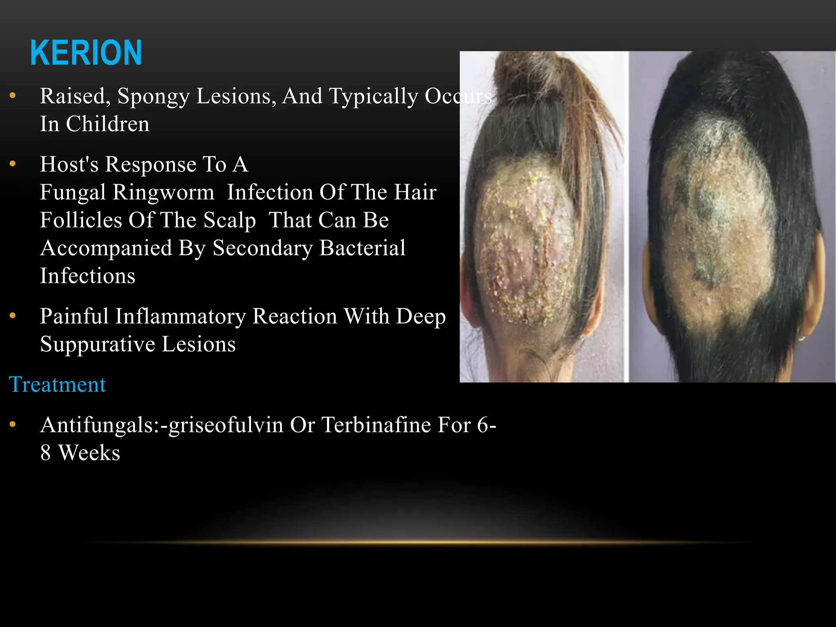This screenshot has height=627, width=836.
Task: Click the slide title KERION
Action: coord(86,53)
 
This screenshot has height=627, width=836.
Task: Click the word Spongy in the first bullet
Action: coord(153,97)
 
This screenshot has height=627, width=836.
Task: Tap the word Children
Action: coord(108,124)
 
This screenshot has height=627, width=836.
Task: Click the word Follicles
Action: coord(81,220)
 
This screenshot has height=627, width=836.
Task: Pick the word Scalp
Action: coord(229,220)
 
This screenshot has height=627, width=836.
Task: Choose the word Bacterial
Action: coord(362,248)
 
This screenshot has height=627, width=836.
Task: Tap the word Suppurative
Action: coord(97,344)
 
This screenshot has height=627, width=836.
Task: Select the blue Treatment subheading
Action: coord(57,385)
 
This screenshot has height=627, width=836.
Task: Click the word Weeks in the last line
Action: coord(89,453)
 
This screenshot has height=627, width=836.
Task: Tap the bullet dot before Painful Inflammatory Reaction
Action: coord(13,316)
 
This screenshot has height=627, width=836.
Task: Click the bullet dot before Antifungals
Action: coord(13,425)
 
